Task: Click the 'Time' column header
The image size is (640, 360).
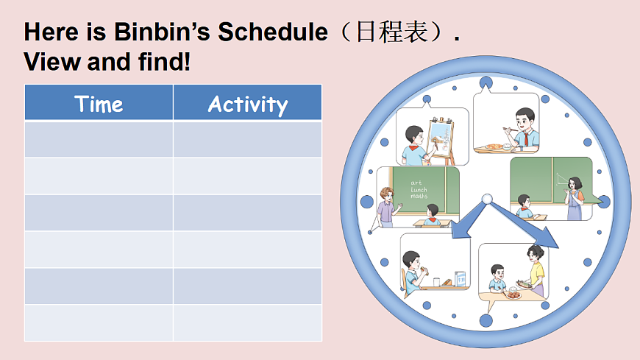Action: point(99,104)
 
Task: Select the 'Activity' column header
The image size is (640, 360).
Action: point(247,104)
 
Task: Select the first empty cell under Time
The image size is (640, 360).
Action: point(99,140)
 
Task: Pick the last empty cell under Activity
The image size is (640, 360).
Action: point(247,323)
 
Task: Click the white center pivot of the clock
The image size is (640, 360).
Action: point(486,198)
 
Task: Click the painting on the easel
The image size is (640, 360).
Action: point(440,138)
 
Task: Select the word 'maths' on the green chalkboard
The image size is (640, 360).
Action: point(419,196)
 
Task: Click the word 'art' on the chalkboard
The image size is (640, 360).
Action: point(416,182)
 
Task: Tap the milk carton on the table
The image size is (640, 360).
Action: point(460,279)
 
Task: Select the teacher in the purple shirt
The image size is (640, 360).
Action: point(385,205)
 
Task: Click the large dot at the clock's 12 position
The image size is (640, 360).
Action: point(486,82)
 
